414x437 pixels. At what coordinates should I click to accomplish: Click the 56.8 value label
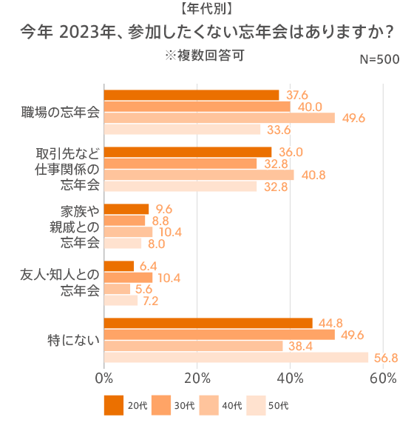point(384,358)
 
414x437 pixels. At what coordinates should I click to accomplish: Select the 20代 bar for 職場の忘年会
point(191,95)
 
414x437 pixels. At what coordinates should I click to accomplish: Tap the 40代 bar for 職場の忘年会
point(220,118)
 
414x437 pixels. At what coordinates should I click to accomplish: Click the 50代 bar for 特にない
point(236,358)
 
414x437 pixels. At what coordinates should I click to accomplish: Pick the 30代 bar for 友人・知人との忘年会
point(128,278)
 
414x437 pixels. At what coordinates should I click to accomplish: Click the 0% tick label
point(104,378)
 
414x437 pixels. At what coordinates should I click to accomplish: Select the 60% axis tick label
point(383,378)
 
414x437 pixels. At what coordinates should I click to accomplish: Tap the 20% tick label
point(197,378)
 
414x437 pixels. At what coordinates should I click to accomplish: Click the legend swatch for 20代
point(114,405)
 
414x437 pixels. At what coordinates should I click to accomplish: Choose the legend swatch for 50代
point(256,405)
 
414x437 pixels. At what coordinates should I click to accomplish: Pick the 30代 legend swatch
point(161,405)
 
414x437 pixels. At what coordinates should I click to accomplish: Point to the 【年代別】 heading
point(207,10)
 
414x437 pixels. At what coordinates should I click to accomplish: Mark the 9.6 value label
point(164,209)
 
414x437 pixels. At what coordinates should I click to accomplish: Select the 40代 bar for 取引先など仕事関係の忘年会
point(199,175)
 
